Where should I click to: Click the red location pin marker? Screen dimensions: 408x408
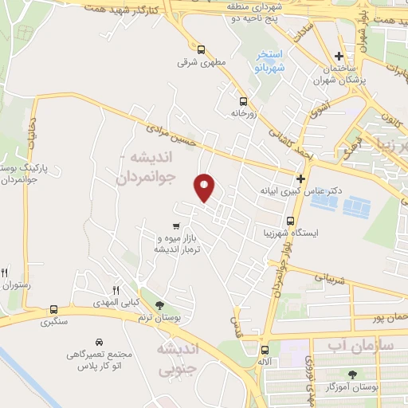[205, 187]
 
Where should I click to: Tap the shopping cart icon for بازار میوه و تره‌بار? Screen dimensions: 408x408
[175, 226]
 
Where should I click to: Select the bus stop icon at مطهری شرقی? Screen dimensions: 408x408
[201, 48]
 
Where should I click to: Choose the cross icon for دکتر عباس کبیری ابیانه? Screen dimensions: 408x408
[300, 179]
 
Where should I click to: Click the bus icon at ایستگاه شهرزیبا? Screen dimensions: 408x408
[290, 221]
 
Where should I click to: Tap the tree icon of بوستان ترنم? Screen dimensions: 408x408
[159, 305]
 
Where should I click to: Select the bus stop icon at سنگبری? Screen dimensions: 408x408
[53, 309]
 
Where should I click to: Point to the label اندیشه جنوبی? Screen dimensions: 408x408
[175, 359]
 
